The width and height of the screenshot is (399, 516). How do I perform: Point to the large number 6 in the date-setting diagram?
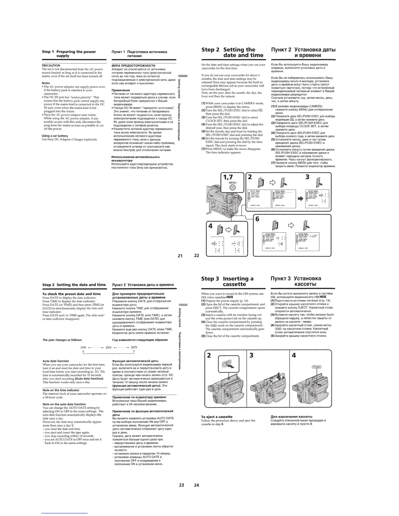[x=257, y=219]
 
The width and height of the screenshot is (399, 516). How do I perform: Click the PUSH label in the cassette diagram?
[x=317, y=367]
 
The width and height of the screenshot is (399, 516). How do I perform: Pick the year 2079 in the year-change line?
[x=134, y=347]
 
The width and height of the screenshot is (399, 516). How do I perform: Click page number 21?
[x=180, y=255]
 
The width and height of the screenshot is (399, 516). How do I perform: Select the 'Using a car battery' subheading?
[x=55, y=136]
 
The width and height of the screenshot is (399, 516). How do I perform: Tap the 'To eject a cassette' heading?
[x=217, y=417]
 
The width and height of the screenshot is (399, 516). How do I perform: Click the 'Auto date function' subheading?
[x=56, y=361]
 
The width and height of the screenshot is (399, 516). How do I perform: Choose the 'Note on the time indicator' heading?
[x=61, y=390]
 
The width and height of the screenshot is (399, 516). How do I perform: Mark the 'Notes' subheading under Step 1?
[x=46, y=83]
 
